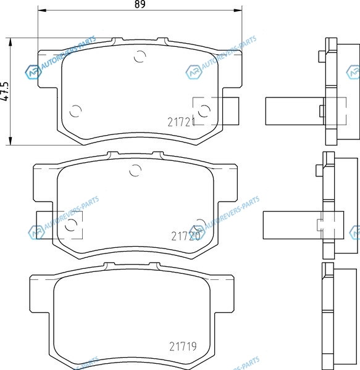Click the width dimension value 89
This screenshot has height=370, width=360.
pyautogui.click(x=140, y=4)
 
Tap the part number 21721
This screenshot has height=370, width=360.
pyautogui.click(x=182, y=122)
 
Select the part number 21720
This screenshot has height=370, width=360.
pyautogui.click(x=186, y=236)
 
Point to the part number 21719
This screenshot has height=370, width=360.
pyautogui.click(x=183, y=347)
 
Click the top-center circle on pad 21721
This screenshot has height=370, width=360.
pyautogui.click(x=140, y=56)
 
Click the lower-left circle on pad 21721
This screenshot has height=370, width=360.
pyautogui.click(x=75, y=111)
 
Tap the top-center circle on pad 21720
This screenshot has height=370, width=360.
pyautogui.click(x=135, y=170)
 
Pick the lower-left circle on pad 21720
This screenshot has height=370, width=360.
pyautogui.click(x=71, y=225)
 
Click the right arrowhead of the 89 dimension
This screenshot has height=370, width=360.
pyautogui.click(x=238, y=10)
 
